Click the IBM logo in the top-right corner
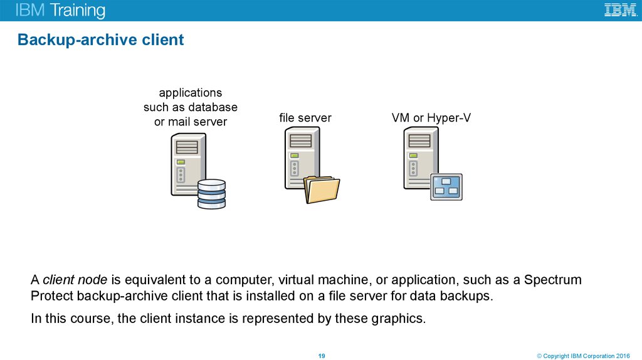620,10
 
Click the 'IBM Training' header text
60,11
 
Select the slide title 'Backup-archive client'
100,40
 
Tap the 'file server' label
305,118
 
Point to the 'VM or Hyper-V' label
431,118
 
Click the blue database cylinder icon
211,194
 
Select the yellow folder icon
322,190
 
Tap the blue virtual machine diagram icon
446,186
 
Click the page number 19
321,356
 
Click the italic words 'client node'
75,280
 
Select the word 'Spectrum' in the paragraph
553,280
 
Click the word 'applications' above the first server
190,93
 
